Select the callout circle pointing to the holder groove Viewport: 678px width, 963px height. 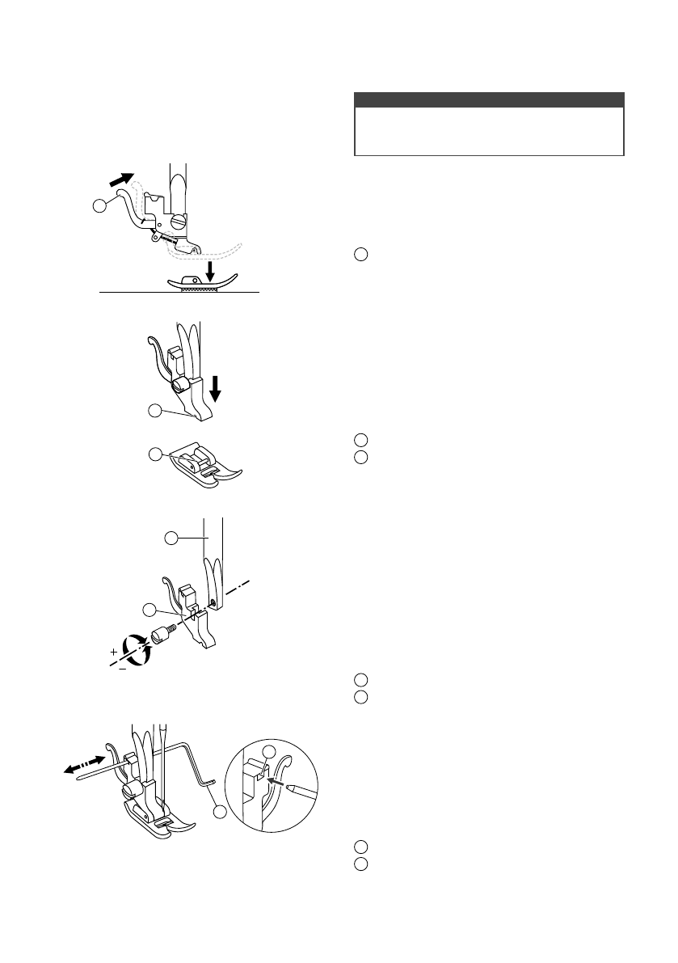pyautogui.click(x=155, y=413)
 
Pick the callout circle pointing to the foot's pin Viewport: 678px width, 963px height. pyautogui.click(x=155, y=454)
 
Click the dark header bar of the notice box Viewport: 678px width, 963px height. pyautogui.click(x=490, y=99)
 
